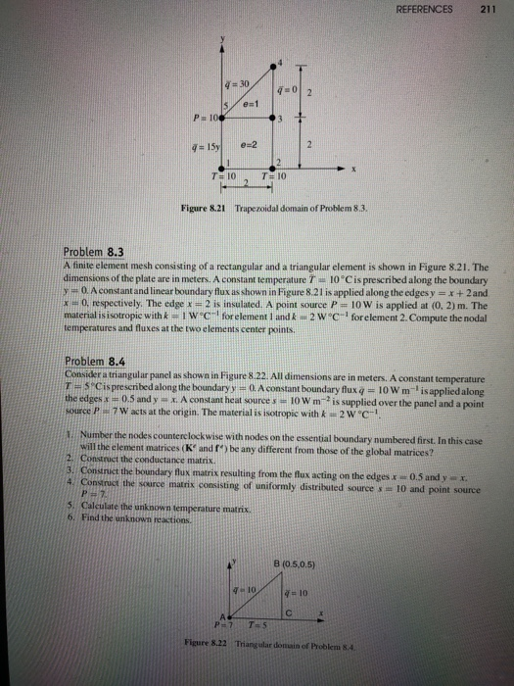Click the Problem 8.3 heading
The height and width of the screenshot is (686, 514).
[x=90, y=251]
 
